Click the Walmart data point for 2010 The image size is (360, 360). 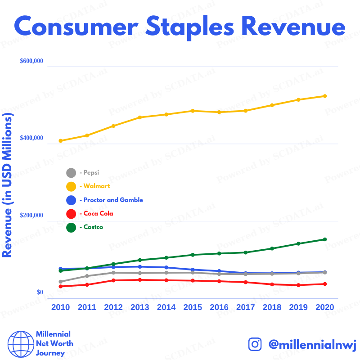tap(61, 141)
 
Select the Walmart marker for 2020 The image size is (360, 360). tap(325, 96)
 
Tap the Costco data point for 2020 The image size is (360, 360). tap(325, 239)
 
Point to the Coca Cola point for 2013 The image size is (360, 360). tap(140, 280)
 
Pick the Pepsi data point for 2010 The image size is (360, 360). tap(61, 282)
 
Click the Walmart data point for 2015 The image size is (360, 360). tap(193, 111)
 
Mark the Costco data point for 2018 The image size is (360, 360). tap(272, 248)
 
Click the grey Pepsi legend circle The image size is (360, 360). tap(71, 173)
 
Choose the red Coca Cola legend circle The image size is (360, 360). tap(71, 214)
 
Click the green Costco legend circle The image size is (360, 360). tap(71, 228)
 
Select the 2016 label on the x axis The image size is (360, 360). tap(219, 307)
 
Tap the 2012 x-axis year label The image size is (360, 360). tap(113, 307)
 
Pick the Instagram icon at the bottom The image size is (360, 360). tap(255, 344)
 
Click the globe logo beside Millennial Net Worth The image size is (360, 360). tap(19, 344)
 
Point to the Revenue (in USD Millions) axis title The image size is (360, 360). tap(7, 184)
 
